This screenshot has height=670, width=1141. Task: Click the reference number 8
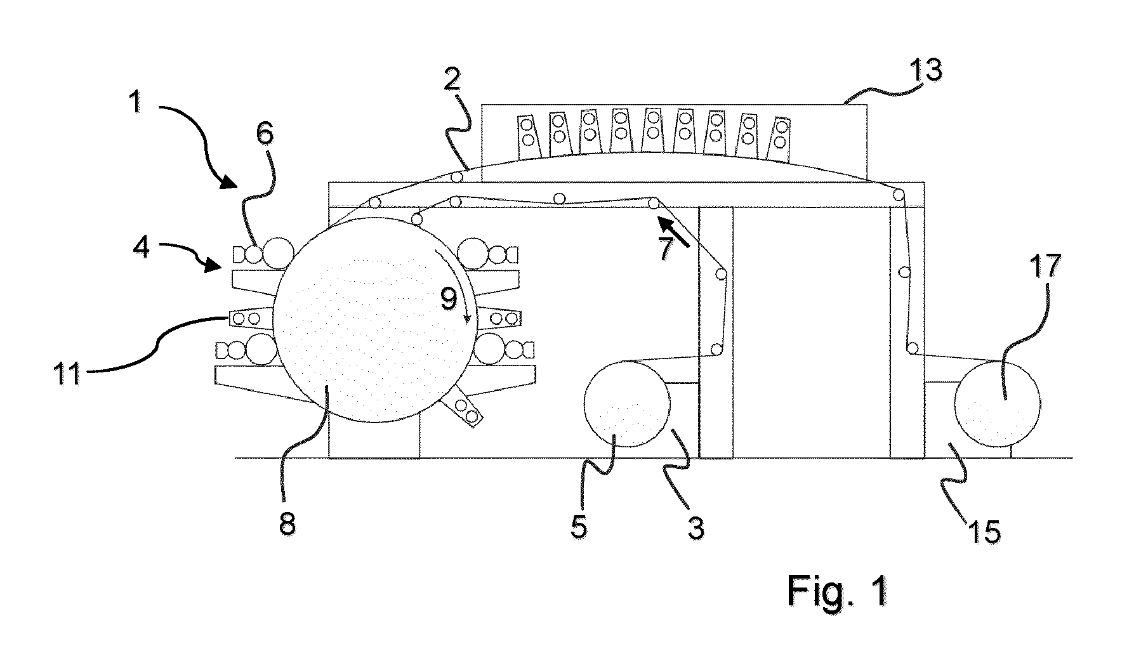[x=287, y=525]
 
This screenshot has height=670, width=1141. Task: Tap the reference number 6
[x=265, y=136]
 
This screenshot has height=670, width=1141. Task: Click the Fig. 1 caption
[x=838, y=591]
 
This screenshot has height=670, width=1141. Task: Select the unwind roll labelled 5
[x=626, y=404]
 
